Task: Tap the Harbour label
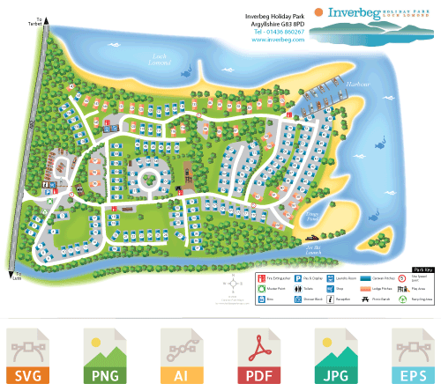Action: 356,85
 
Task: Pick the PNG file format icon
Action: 103,356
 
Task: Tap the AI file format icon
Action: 181,356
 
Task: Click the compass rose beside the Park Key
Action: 231,284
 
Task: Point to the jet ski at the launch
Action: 310,238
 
